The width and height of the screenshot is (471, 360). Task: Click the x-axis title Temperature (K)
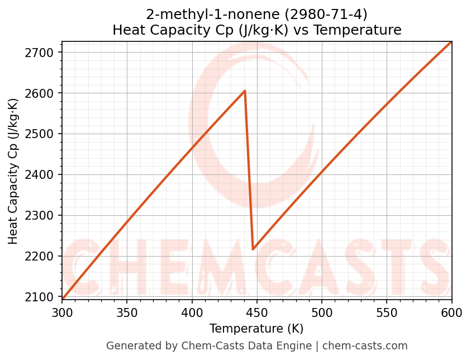(256, 329)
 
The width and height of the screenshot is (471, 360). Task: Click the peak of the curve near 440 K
(245, 91)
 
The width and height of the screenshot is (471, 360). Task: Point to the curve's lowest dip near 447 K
(253, 249)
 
